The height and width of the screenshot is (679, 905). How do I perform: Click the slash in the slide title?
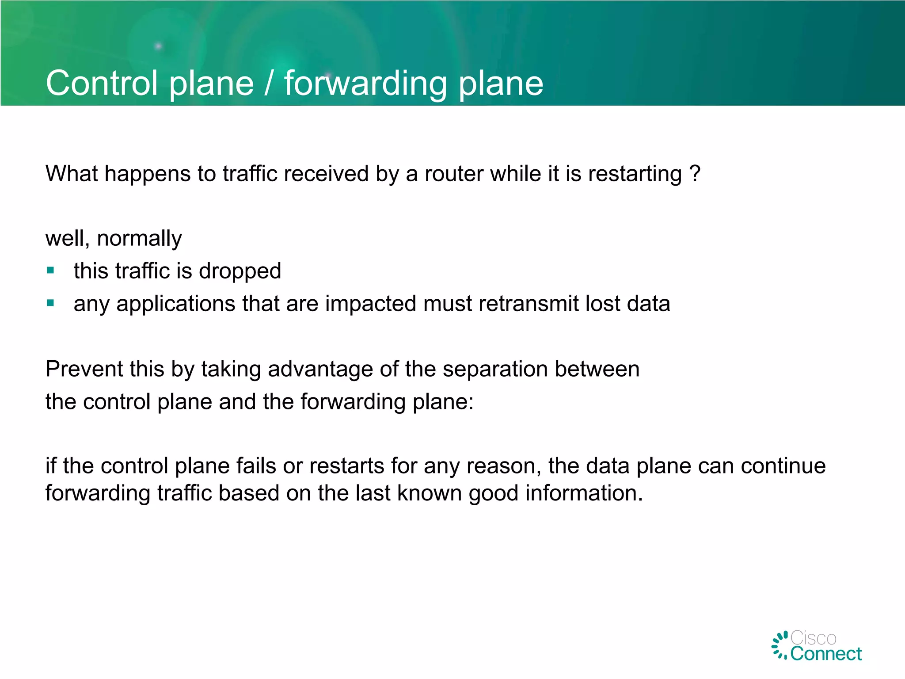tap(269, 83)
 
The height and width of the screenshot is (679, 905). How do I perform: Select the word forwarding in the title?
tap(365, 84)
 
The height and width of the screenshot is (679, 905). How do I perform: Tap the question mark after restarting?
tap(695, 173)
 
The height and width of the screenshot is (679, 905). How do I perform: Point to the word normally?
tap(139, 239)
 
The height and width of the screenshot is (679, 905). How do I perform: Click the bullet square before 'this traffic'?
tap(50, 270)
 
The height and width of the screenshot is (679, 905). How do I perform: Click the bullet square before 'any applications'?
tap(50, 303)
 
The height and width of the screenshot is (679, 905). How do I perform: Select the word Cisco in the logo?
tap(813, 638)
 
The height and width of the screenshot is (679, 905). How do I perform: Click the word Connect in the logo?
tap(825, 654)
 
